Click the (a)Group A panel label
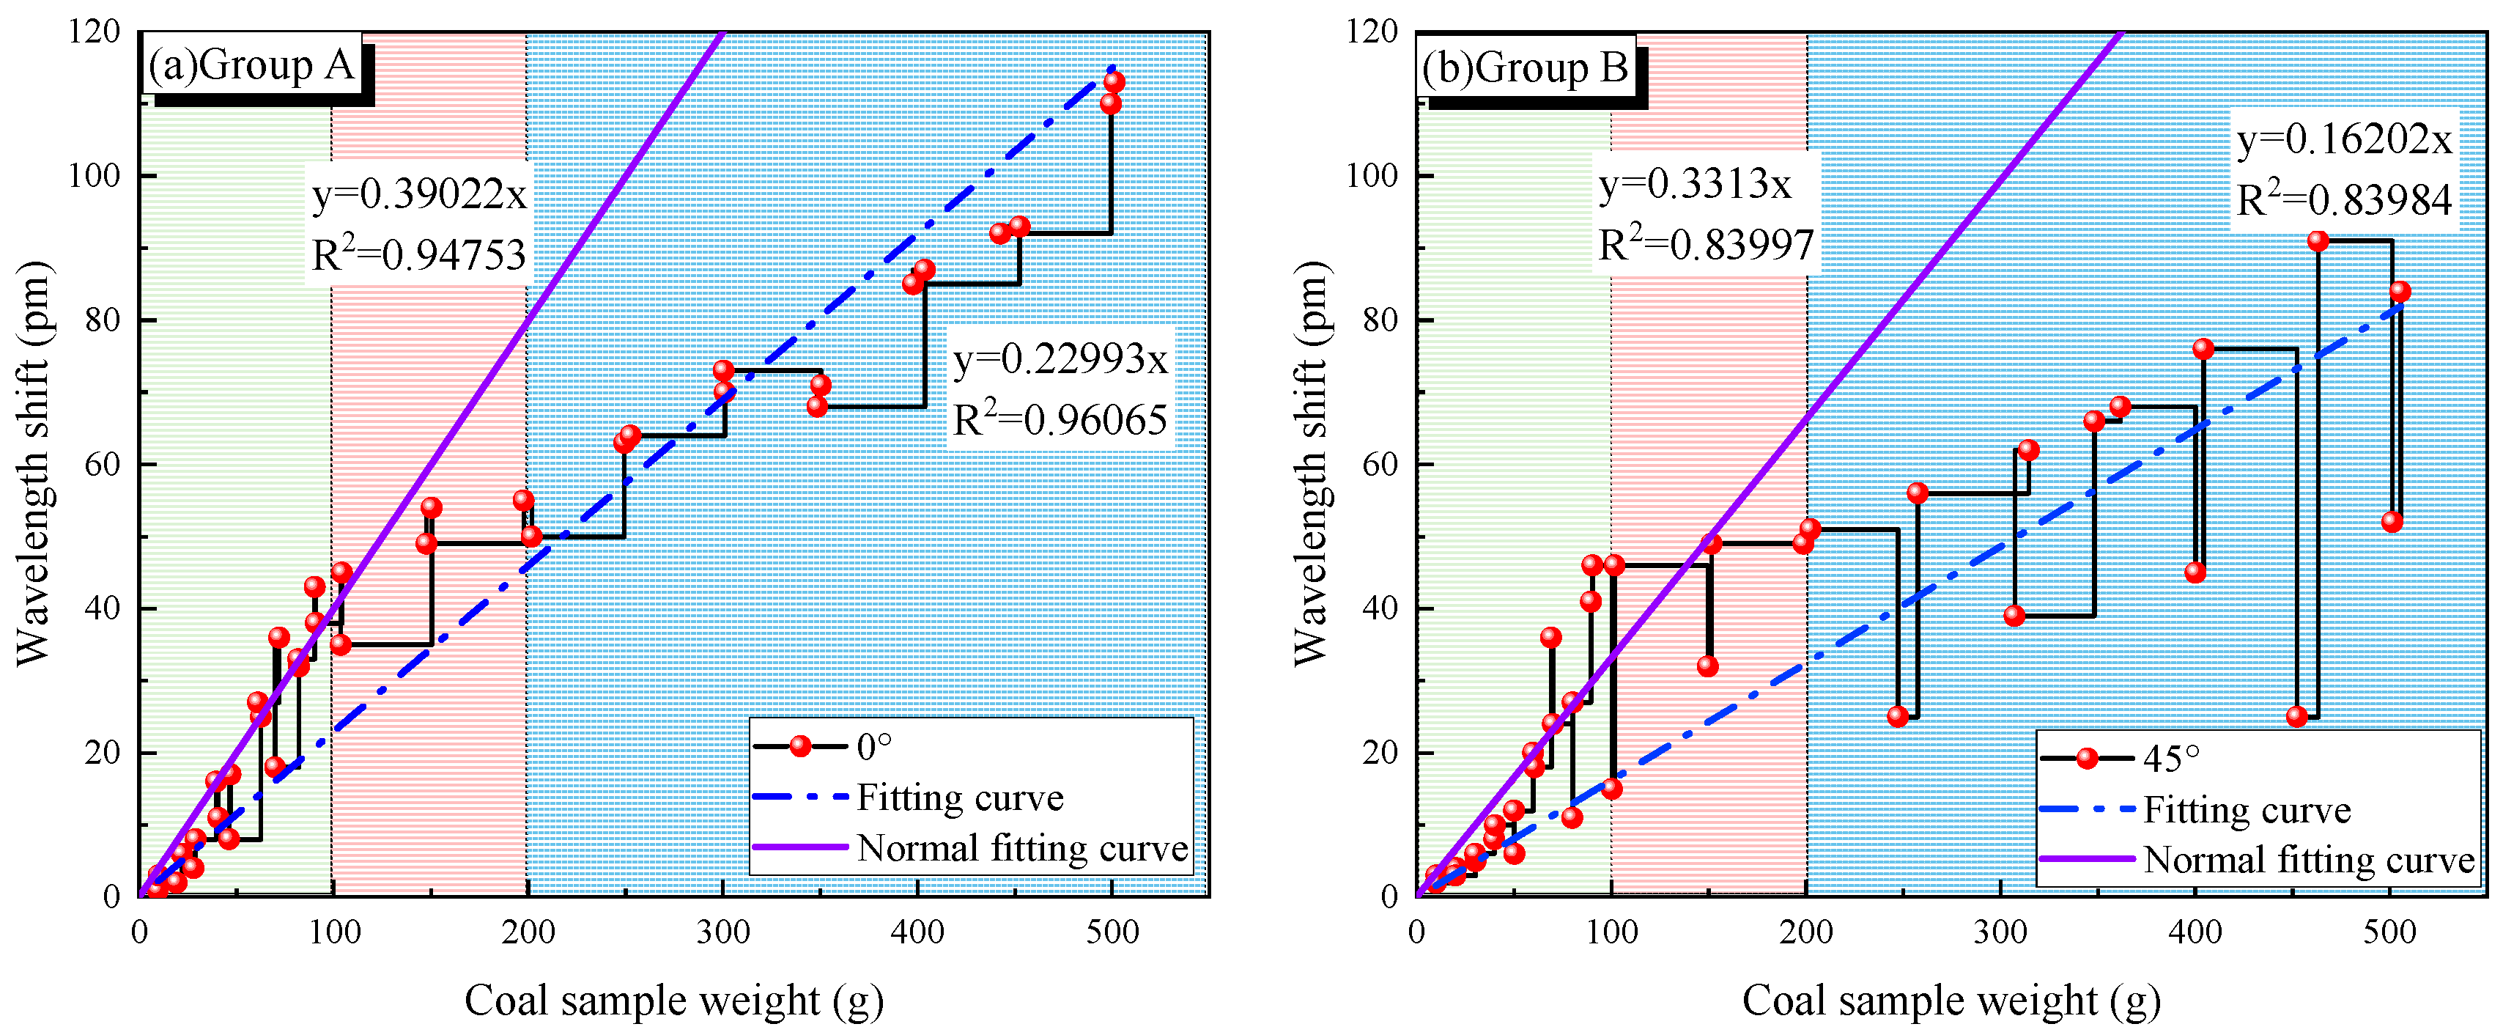tap(251, 65)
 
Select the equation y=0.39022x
tap(419, 194)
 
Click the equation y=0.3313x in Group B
tap(1695, 184)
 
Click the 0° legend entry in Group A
tap(873, 746)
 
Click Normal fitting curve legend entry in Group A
tap(1022, 847)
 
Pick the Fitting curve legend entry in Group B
tap(2247, 809)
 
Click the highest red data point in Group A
tap(1114, 81)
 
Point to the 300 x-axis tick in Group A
tap(723, 932)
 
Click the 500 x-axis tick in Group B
tap(2389, 932)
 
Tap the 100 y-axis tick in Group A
tap(95, 176)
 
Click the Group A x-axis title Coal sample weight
tap(673, 1000)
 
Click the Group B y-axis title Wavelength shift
tap(1312, 463)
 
